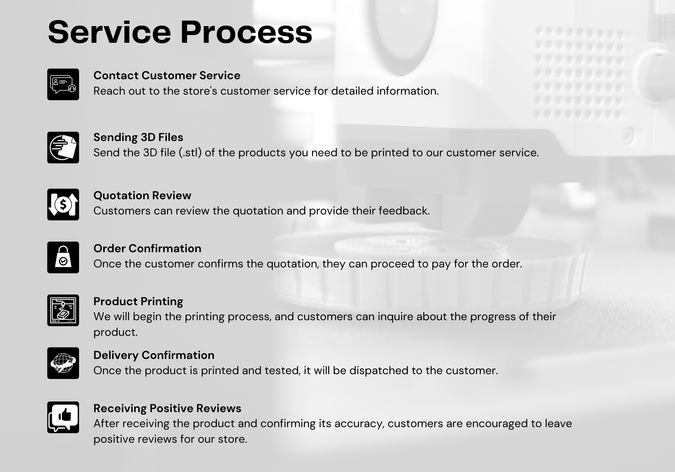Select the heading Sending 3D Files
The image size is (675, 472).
coord(138,137)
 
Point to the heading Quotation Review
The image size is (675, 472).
coord(142,195)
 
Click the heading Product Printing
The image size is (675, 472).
coord(138,301)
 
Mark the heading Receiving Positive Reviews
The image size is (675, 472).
coord(167,408)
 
